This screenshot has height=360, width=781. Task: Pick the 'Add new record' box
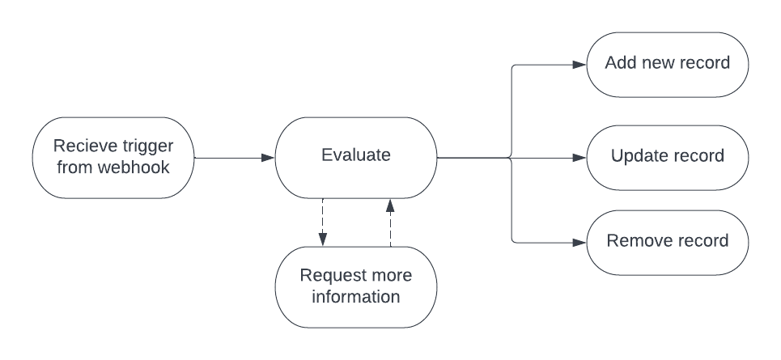tap(667, 63)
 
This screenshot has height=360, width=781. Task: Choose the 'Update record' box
tap(667, 157)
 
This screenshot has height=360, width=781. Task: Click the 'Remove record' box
tap(667, 241)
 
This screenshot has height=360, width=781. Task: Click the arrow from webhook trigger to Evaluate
tap(235, 157)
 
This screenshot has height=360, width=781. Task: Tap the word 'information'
tap(356, 296)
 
